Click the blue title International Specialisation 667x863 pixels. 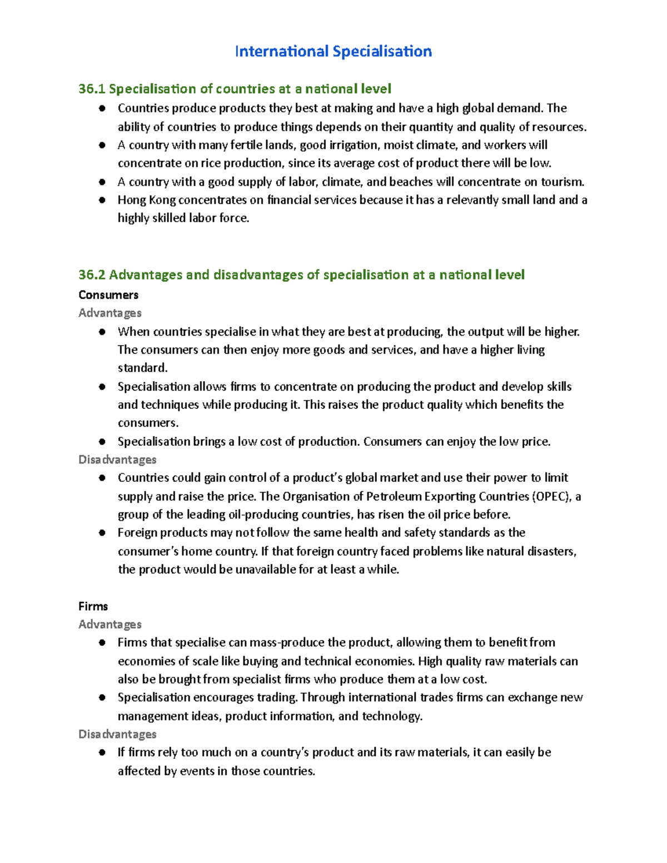tap(333, 52)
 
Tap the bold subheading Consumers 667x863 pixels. tap(108, 295)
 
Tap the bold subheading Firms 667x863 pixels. tap(93, 606)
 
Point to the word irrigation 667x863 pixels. tap(348, 145)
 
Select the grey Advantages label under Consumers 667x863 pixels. tap(110, 313)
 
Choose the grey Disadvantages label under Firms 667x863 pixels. tap(117, 734)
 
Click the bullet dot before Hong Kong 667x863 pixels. tap(102, 200)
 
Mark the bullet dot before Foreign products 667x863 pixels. tap(102, 533)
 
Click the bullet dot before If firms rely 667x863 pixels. tap(102, 752)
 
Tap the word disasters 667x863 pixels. tap(552, 551)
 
